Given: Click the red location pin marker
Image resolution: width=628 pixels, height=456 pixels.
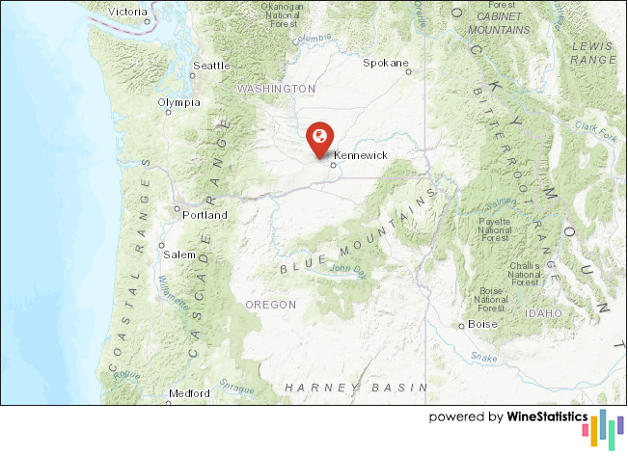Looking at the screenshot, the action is [x=318, y=138].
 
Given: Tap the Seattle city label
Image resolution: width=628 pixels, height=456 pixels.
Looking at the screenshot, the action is [x=211, y=66].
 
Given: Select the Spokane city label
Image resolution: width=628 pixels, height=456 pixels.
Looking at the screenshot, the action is [x=384, y=63].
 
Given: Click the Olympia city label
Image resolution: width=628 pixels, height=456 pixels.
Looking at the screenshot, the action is [x=179, y=101].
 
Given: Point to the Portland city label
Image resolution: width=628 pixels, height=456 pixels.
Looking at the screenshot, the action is [x=205, y=215].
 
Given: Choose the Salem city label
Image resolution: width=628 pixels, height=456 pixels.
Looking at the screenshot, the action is [x=178, y=255].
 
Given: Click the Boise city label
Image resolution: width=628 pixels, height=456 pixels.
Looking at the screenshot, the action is [x=483, y=324].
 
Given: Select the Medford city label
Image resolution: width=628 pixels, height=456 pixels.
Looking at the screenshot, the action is [x=188, y=393].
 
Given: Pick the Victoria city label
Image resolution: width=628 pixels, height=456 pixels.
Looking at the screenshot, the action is [x=128, y=12].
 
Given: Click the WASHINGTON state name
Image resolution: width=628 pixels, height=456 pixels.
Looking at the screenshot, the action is [x=276, y=88].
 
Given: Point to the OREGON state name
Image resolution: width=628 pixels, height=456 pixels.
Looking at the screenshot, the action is [x=270, y=304].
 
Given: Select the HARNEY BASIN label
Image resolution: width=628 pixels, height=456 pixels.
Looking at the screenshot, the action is [x=354, y=387].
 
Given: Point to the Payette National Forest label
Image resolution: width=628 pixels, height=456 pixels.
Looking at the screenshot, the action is [x=495, y=228].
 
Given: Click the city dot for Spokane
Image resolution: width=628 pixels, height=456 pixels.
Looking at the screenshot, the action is [x=408, y=70].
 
